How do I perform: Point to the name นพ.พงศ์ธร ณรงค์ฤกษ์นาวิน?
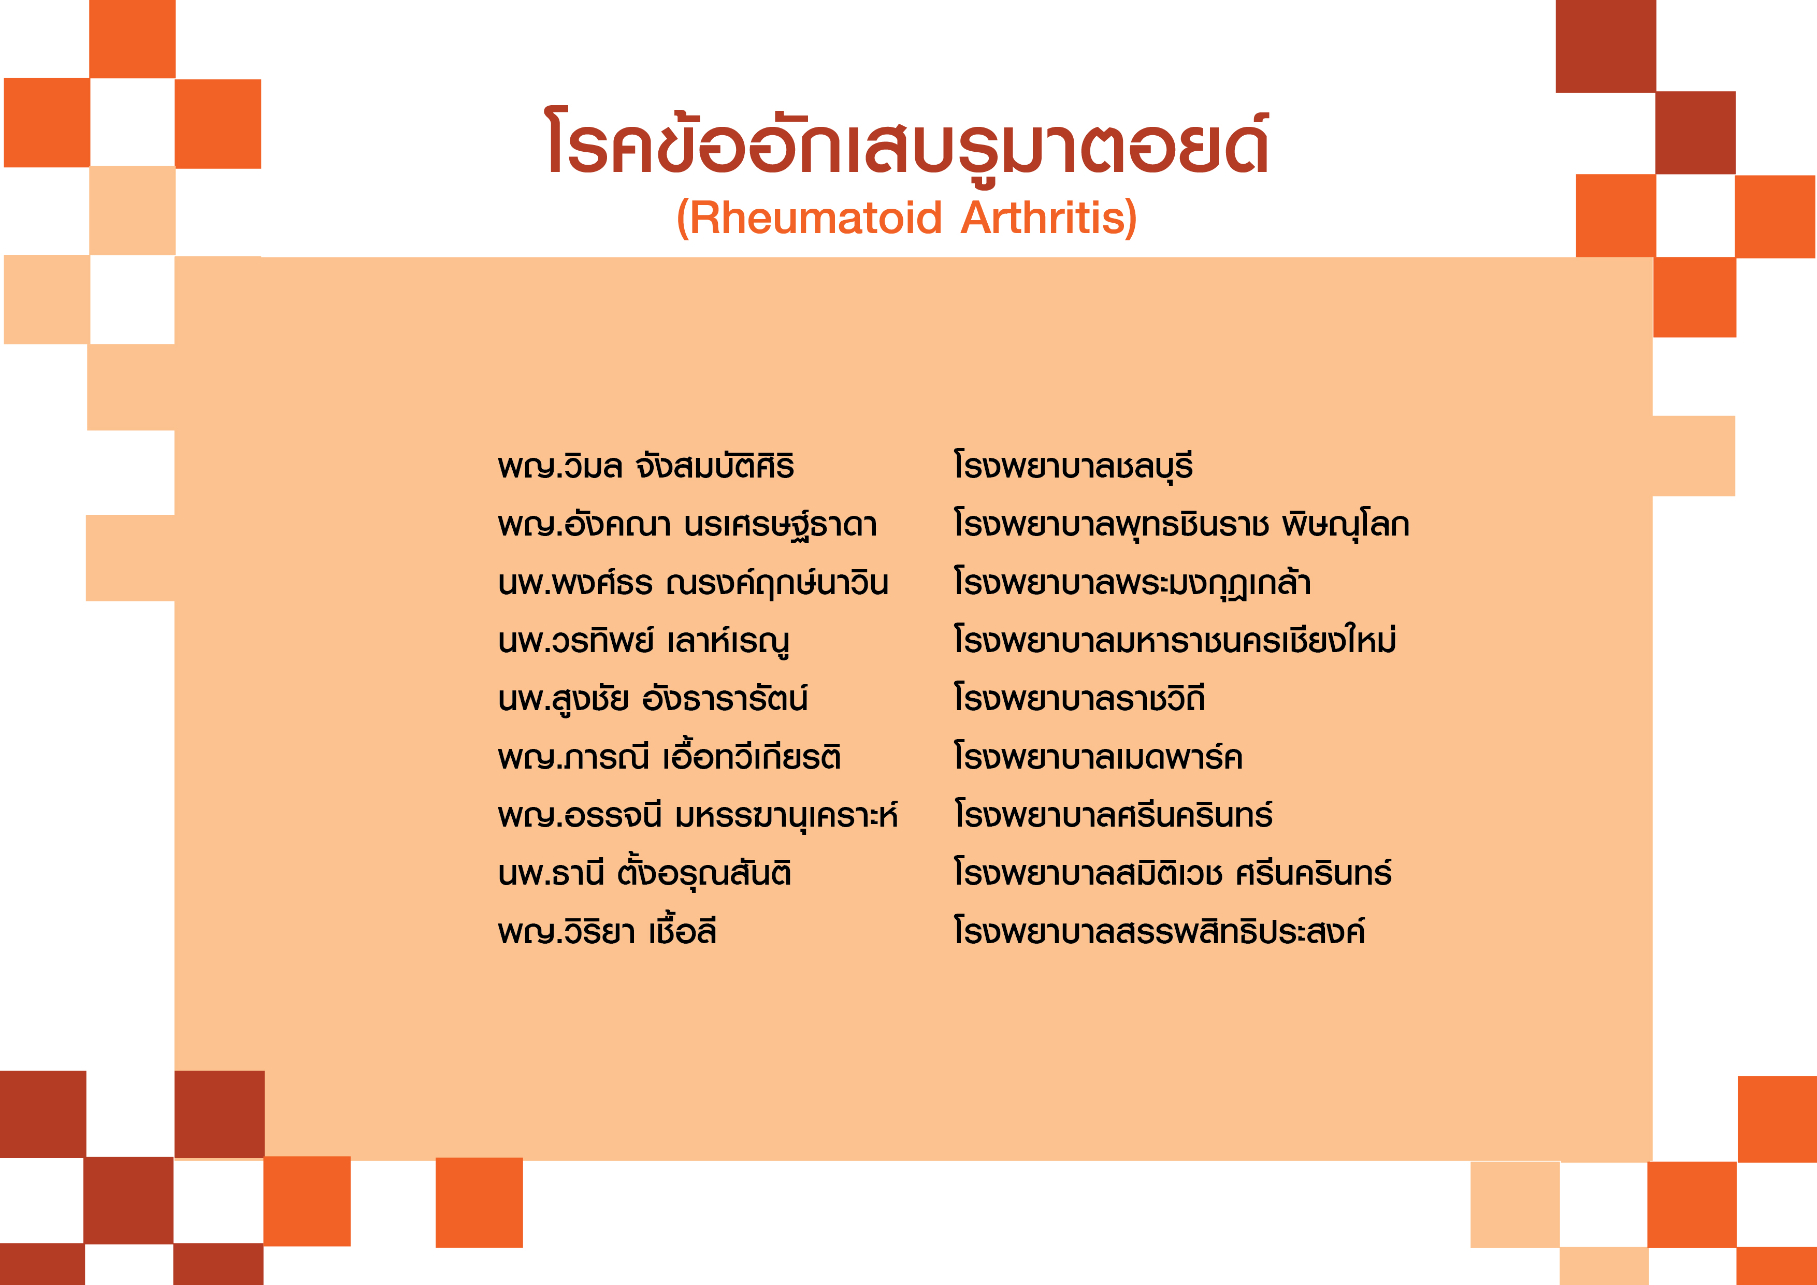pyautogui.click(x=693, y=582)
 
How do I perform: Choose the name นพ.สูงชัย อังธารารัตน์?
pyautogui.click(x=653, y=698)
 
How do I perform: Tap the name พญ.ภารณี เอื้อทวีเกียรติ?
pyautogui.click(x=670, y=756)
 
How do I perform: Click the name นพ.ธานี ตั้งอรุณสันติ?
pyautogui.click(x=645, y=872)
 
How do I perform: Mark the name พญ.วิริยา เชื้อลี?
pyautogui.click(x=607, y=931)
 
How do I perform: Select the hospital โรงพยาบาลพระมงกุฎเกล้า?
pyautogui.click(x=1132, y=582)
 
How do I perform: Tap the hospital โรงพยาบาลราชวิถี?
pyautogui.click(x=1079, y=698)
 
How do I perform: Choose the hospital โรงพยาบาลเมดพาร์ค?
pyautogui.click(x=1099, y=756)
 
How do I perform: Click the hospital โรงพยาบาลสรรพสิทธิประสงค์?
pyautogui.click(x=1159, y=931)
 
